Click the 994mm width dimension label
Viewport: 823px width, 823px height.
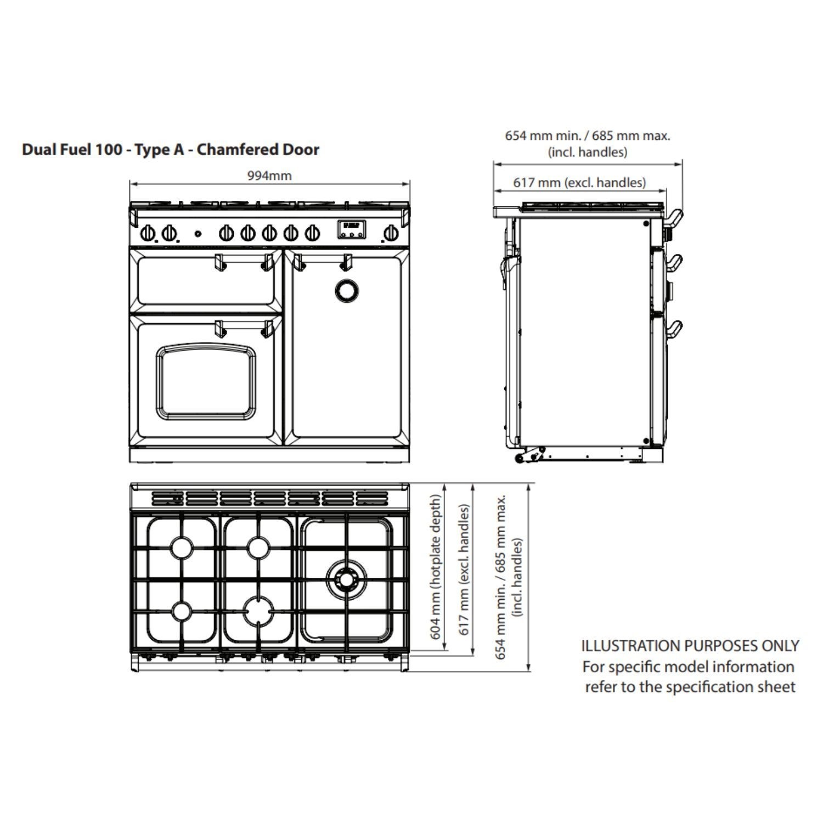pos(269,176)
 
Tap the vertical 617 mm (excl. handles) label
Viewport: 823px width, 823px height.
pos(464,570)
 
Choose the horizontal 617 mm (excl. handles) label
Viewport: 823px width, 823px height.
pos(579,182)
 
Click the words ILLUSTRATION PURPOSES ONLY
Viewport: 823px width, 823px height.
pos(690,646)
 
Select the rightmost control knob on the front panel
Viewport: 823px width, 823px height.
pos(390,234)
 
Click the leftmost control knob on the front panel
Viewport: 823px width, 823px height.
pos(147,234)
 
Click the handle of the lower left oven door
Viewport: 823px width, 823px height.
pos(244,327)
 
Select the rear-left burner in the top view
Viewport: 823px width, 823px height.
pos(181,547)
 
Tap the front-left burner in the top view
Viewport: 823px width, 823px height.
pos(181,611)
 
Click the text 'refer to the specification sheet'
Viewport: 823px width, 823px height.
pos(690,687)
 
